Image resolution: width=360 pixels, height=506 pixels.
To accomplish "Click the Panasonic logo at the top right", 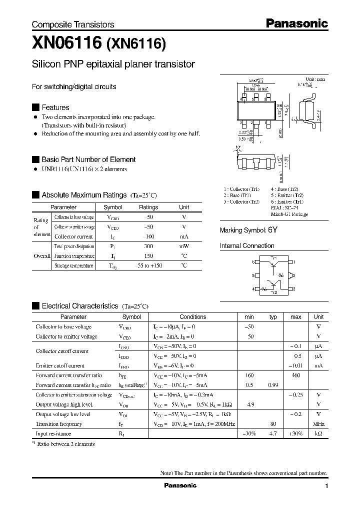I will pos(295,23).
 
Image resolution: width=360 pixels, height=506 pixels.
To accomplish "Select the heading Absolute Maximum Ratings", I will pos(83,195).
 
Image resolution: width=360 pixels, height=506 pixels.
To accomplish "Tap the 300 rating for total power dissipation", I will pos(148,246).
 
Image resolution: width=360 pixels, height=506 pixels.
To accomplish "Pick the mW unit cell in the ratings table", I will pos(184,246).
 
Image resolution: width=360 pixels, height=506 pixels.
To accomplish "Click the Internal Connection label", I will pos(247,246).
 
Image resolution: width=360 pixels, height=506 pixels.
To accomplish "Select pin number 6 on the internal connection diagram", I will pos(253,262).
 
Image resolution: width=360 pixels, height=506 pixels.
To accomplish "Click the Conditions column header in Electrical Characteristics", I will pos(192,317).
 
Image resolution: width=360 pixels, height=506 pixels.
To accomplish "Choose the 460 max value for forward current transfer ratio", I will pos(295,375).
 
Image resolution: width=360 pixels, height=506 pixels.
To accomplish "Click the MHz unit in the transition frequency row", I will pos(318,424).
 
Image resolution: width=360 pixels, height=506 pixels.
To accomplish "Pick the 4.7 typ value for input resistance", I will pos(273,434).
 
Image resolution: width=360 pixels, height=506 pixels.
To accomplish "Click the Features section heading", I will pos(55,107).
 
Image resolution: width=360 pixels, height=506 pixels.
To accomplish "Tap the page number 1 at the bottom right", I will pos(326,486).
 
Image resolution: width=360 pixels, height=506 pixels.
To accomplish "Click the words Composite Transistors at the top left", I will pos(73,24).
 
